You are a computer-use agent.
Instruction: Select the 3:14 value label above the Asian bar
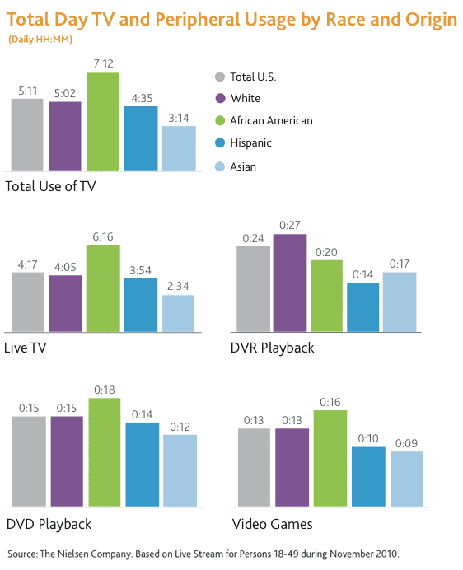click(x=178, y=119)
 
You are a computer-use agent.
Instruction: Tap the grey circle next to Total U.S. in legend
click(x=219, y=77)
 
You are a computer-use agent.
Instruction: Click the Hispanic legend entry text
click(x=250, y=143)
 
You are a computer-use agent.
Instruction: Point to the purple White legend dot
click(x=219, y=99)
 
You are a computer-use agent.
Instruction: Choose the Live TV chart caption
click(x=26, y=348)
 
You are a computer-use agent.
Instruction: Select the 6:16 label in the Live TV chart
click(x=103, y=236)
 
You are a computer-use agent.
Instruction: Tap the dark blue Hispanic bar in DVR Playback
click(x=362, y=306)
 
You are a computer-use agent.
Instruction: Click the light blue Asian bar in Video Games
click(x=406, y=479)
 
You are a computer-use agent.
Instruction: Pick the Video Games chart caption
click(x=272, y=524)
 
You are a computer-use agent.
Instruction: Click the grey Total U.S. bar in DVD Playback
click(x=29, y=461)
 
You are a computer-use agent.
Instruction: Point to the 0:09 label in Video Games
click(x=406, y=443)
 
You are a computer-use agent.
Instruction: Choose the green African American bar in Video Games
click(x=330, y=458)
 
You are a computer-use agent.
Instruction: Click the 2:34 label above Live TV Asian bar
click(x=178, y=287)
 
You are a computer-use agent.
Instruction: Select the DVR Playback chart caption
click(x=273, y=348)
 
